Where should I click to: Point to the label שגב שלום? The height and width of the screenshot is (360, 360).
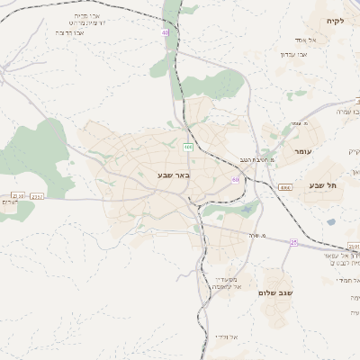[x=275, y=292]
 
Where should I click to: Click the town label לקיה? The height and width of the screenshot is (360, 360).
[x=336, y=21]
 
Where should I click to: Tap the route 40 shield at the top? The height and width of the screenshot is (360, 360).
[x=166, y=32]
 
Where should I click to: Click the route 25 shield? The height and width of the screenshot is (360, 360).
[x=293, y=241]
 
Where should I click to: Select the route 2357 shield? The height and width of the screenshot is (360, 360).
[x=37, y=195]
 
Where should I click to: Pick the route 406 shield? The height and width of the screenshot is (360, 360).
[x=188, y=146]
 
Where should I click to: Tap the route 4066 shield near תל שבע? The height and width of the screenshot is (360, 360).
[x=284, y=186]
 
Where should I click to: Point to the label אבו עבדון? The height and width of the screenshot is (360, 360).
[x=293, y=54]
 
